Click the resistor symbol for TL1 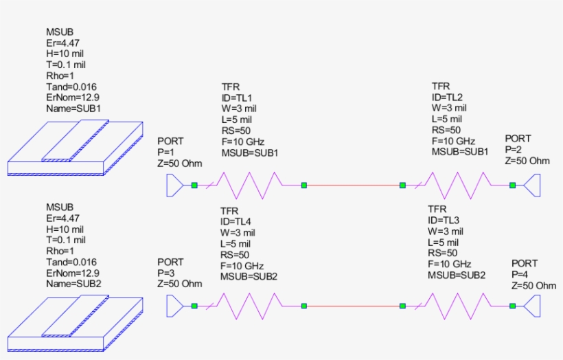(x=249, y=185)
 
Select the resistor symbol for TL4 (x=249, y=306)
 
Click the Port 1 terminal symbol (x=175, y=185)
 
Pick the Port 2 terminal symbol (x=531, y=185)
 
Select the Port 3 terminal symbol (x=175, y=306)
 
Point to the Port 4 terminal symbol (x=531, y=306)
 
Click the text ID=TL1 (x=237, y=98)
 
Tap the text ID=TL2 (x=447, y=97)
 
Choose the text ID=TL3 (x=444, y=220)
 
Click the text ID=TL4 (x=236, y=221)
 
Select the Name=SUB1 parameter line (x=73, y=109)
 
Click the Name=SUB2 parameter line (x=73, y=284)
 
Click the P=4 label (x=521, y=274)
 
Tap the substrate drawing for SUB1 (x=76, y=147)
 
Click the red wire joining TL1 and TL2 (x=353, y=185)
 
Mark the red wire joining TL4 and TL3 (x=353, y=306)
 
